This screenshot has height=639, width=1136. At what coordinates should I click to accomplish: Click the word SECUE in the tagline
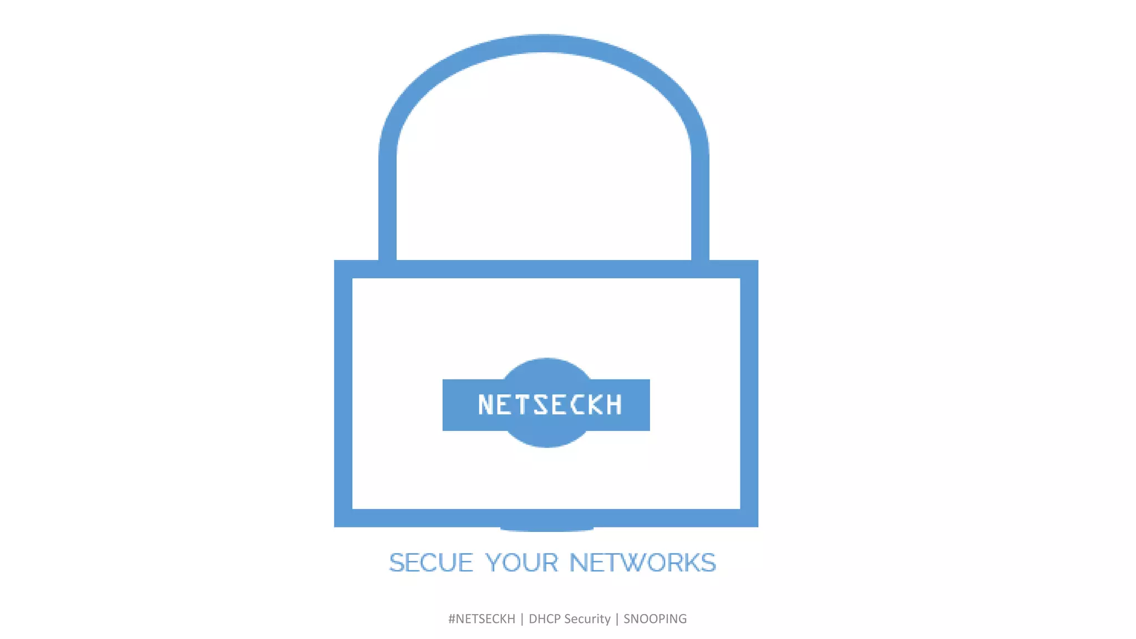(x=431, y=563)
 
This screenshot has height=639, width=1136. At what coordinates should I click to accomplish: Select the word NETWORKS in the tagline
(x=642, y=563)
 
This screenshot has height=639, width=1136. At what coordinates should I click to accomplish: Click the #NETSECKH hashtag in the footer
(x=481, y=619)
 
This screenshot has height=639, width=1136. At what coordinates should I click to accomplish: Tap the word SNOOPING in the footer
(x=655, y=619)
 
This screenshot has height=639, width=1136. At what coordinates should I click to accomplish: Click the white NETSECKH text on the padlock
(x=550, y=405)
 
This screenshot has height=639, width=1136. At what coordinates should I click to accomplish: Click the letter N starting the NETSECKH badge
(x=486, y=405)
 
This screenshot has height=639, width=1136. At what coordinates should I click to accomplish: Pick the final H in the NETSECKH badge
(x=613, y=405)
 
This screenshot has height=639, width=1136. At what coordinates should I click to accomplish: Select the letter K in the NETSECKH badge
(x=596, y=405)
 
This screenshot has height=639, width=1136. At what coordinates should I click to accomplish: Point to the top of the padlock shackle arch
(x=544, y=43)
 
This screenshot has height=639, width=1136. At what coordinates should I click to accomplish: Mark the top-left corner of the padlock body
(x=343, y=269)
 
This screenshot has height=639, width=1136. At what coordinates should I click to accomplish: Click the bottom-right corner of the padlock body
(x=749, y=518)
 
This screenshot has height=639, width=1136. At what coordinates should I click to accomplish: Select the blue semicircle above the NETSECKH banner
(x=547, y=368)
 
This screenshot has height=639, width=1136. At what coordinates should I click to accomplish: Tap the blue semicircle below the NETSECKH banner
(x=547, y=439)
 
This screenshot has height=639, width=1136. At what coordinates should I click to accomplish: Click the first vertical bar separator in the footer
(x=522, y=619)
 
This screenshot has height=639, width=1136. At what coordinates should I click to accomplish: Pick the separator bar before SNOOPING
(x=617, y=619)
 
